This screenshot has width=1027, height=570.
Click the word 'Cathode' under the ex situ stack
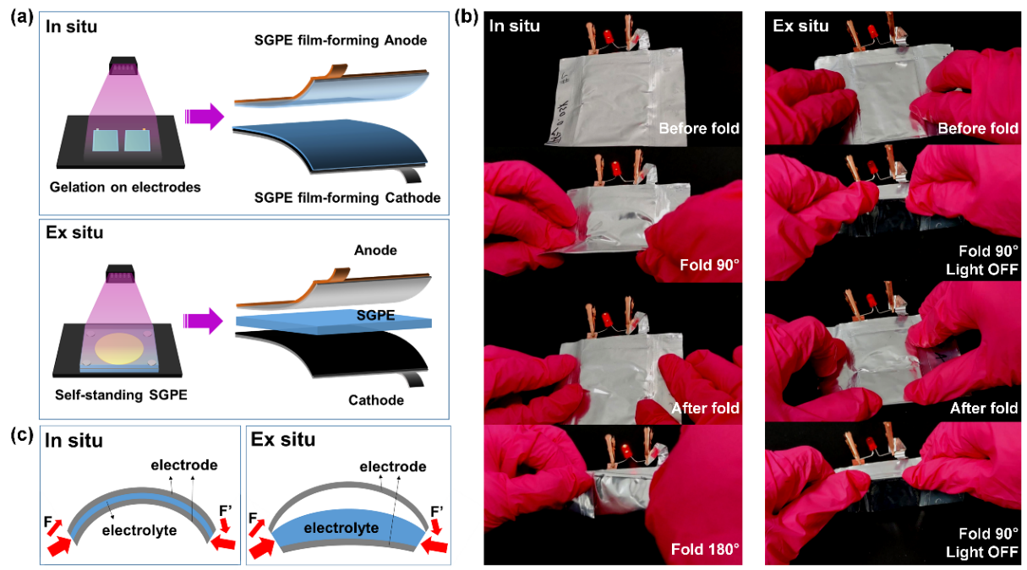coord(376,399)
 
